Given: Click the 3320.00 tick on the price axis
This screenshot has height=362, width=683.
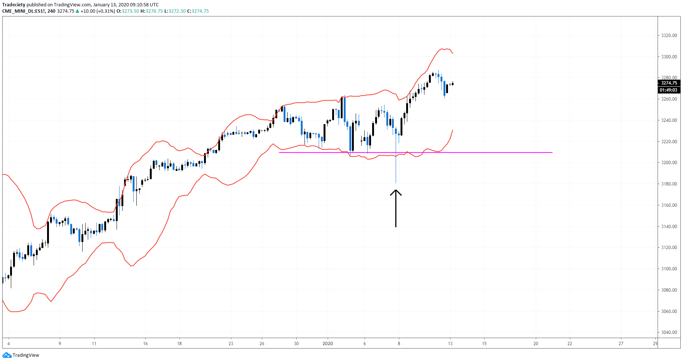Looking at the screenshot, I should point(669,36).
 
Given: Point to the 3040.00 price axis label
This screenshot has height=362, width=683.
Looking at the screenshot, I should point(669,332).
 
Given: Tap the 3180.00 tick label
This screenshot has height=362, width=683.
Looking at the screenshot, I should point(669,184).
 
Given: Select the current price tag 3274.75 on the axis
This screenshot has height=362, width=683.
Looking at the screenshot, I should point(669,83).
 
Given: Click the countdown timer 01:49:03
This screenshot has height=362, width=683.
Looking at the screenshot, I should point(668,90).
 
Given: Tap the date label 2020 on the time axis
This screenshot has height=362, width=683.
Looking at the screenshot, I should point(328,344).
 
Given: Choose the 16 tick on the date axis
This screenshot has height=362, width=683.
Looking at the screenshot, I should point(145,344).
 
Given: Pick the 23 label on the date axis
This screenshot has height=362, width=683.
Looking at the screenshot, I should point(231,344).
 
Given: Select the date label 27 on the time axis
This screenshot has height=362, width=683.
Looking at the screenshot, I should point(621,344).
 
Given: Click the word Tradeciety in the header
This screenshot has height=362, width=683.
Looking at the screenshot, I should point(13,5).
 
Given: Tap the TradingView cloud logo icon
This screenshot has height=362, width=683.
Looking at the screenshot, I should point(7,355).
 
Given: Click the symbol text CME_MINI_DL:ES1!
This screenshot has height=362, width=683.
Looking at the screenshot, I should point(24,11).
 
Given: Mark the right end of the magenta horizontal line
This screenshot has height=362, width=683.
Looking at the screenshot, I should point(552,153).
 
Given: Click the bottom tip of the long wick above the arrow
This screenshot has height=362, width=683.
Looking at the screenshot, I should point(396,183).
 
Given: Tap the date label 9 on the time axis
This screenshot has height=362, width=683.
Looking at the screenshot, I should point(60,344).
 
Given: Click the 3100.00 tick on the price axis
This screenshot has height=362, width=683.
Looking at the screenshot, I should point(669,269).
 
